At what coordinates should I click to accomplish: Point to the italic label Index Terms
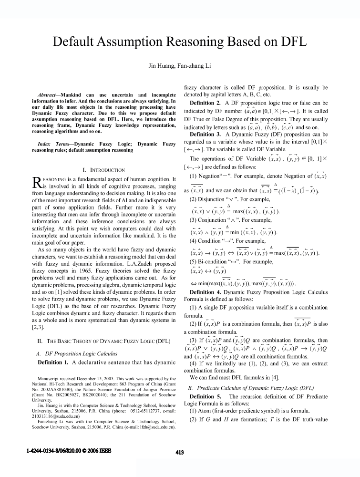coord(51,144)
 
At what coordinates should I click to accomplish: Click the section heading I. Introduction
coord(104,170)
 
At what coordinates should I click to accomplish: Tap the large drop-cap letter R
coord(36,182)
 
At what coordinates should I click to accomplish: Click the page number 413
coord(179,453)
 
